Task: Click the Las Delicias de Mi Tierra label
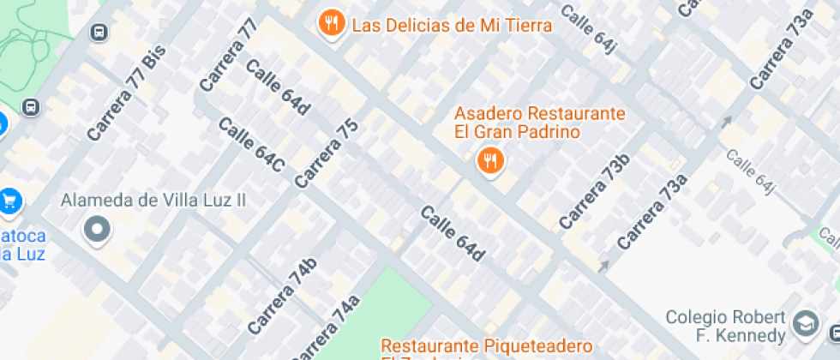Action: [x=452, y=25]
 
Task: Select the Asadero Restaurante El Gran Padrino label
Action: [x=539, y=123]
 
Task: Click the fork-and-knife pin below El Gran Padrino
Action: [x=489, y=159]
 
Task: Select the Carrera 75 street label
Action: [x=326, y=153]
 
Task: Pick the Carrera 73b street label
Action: [x=594, y=191]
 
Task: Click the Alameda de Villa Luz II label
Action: [x=153, y=200]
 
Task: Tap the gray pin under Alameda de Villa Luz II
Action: [x=97, y=230]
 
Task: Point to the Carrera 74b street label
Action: [x=282, y=296]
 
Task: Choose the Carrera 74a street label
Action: [x=326, y=330]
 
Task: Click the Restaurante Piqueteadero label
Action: [x=486, y=346]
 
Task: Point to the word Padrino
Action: [x=550, y=132]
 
